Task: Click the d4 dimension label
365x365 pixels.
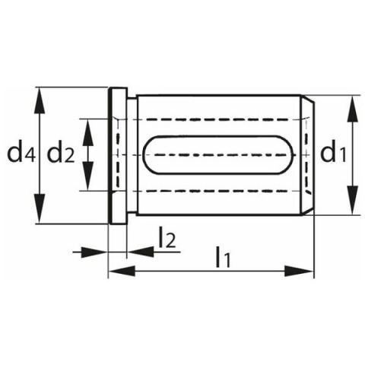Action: (x=21, y=154)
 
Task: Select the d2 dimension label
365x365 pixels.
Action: (x=61, y=154)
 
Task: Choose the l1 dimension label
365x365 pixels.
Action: (x=223, y=257)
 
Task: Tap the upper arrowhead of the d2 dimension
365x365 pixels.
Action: (x=87, y=132)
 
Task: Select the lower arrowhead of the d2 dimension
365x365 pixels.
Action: (x=87, y=176)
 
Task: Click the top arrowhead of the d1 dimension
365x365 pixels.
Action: (x=353, y=109)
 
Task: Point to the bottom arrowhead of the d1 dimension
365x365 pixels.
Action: (x=353, y=200)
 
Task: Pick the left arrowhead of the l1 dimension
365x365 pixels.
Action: (x=122, y=271)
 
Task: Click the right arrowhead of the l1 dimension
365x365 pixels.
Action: (x=299, y=271)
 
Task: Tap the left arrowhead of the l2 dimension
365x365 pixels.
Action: (x=94, y=252)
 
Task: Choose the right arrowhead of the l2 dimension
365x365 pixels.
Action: (x=140, y=252)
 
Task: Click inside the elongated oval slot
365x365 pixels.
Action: (x=218, y=154)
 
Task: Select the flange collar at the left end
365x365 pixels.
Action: (x=118, y=156)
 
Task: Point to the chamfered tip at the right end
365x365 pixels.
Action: (x=307, y=155)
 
